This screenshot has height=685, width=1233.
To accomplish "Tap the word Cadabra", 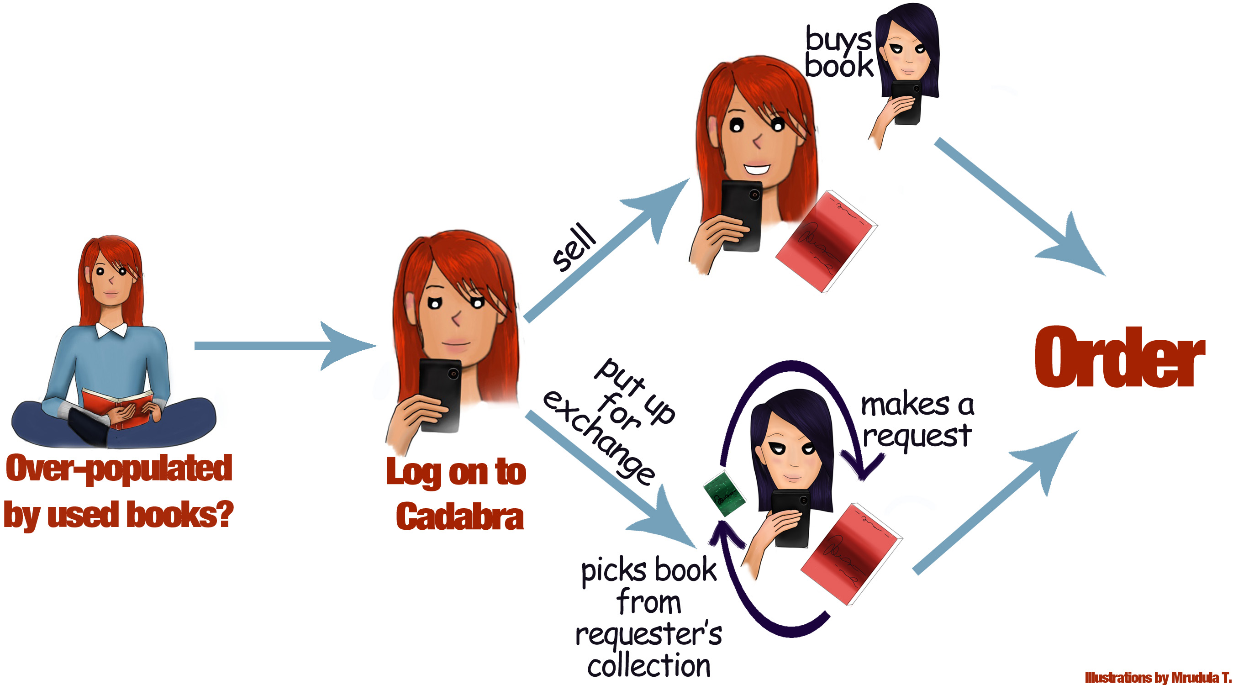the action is pyautogui.click(x=459, y=517).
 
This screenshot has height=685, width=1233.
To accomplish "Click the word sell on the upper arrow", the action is pyautogui.click(x=574, y=247).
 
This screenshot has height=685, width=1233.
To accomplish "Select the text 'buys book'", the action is pyautogui.click(x=838, y=52).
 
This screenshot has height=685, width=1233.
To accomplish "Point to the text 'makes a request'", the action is pyautogui.click(x=917, y=420).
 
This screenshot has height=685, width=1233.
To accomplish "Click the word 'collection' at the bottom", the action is pyautogui.click(x=649, y=665).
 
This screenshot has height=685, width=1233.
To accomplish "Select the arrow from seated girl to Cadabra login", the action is pyautogui.click(x=286, y=346).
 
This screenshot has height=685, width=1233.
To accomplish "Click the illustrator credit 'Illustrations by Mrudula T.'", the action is pyautogui.click(x=1158, y=677).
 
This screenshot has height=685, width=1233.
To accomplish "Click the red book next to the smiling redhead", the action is pyautogui.click(x=827, y=241).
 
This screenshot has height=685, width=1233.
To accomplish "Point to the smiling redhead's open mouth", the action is pyautogui.click(x=757, y=169).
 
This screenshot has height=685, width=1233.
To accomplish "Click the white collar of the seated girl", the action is pyautogui.click(x=112, y=329).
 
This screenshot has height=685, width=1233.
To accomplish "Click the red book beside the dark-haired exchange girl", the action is pyautogui.click(x=852, y=554).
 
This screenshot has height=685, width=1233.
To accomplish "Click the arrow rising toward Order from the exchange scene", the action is pyautogui.click(x=996, y=502).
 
